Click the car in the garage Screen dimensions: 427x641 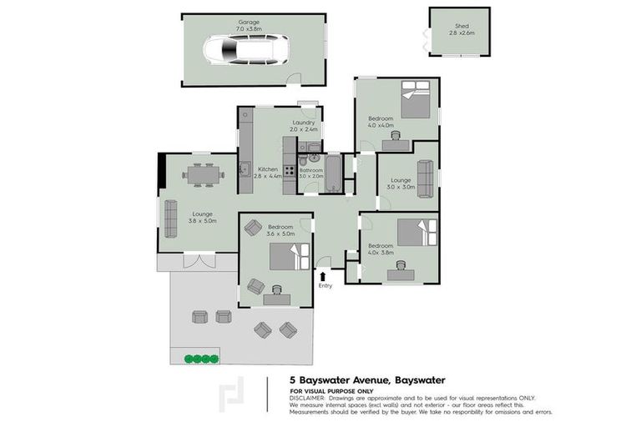tap(245, 52)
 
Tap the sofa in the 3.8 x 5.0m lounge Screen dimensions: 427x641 tap(170, 219)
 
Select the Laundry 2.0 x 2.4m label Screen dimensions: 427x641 tap(302, 126)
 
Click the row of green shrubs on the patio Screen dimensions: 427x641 tap(200, 359)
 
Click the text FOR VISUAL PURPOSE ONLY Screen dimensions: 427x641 tap(331, 391)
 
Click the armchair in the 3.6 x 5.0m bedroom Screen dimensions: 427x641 tap(253, 226)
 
